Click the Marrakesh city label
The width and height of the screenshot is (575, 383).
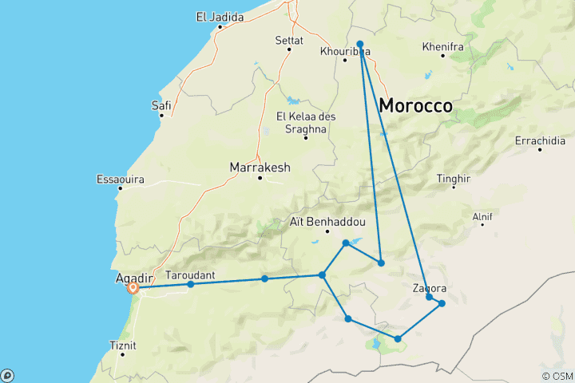[x=260, y=168]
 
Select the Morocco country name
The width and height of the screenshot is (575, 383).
[x=415, y=105]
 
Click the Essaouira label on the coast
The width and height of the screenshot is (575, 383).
[x=120, y=180]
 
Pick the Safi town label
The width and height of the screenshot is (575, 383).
[x=161, y=105]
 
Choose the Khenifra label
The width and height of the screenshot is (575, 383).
[x=443, y=47]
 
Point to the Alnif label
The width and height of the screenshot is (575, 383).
[x=482, y=216]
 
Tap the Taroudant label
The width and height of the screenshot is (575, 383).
[x=190, y=274]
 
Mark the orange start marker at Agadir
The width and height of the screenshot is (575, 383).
[x=133, y=288]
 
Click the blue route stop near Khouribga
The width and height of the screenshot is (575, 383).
[x=360, y=44]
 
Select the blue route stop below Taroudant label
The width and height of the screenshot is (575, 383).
[x=190, y=284]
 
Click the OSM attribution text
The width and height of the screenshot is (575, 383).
[x=557, y=376]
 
